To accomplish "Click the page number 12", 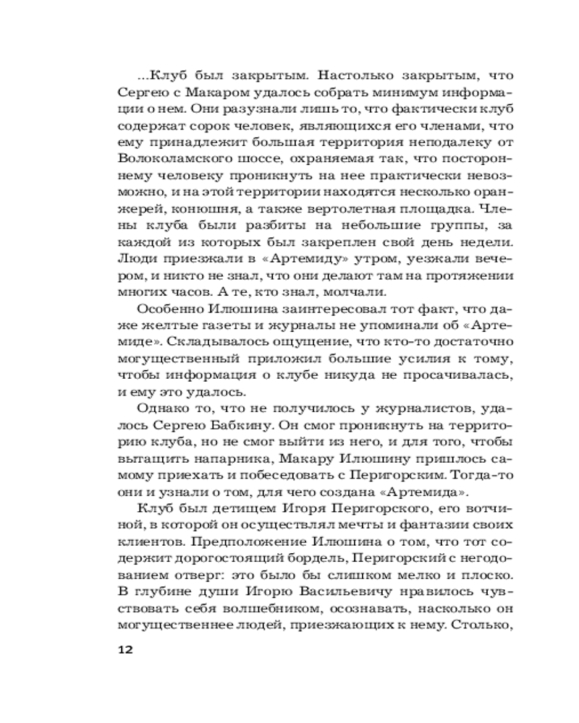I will point(124,649).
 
